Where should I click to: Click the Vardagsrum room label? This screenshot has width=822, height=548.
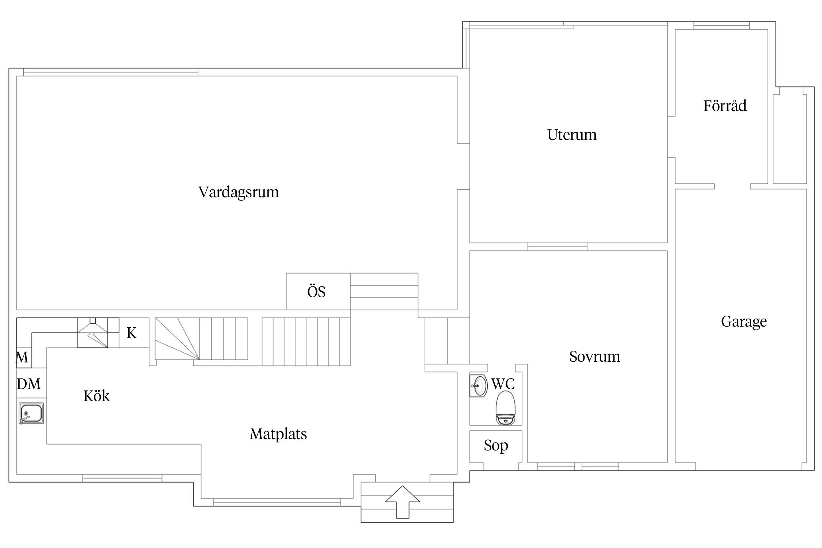[x=239, y=192]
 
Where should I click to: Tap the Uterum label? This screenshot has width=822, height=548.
[x=572, y=135]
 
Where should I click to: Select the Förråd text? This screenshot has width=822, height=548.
[x=725, y=106]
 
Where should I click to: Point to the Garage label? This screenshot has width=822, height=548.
[x=744, y=321]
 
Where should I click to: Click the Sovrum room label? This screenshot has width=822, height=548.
[x=594, y=357]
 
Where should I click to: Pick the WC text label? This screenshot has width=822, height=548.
[x=503, y=384]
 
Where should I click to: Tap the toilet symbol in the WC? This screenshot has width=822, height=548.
[x=506, y=408]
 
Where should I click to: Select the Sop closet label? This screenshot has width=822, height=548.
[x=496, y=446]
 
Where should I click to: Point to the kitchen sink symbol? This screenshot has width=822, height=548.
[x=31, y=413]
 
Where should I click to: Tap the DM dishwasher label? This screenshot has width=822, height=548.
[x=28, y=384]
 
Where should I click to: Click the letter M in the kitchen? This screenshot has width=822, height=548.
[x=22, y=357]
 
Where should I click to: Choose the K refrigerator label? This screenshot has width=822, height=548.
[x=132, y=333]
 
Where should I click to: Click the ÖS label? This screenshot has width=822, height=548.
[x=316, y=292]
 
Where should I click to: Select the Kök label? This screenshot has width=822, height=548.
[x=96, y=396]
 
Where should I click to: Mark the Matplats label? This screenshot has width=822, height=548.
[x=278, y=434]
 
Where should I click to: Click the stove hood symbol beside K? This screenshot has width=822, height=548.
[x=93, y=333]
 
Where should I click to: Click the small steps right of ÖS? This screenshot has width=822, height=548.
[x=384, y=291]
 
